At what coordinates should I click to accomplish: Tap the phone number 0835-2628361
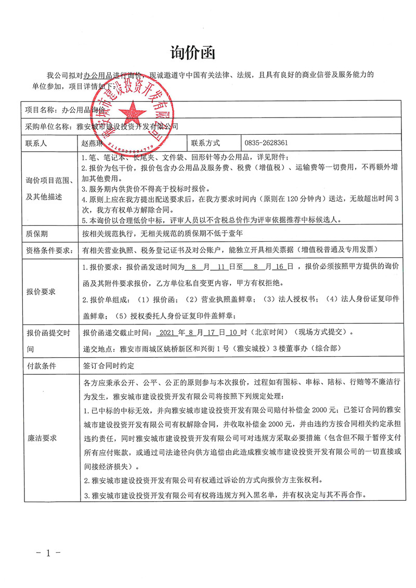[x=266, y=142]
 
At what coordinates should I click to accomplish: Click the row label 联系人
[x=36, y=142]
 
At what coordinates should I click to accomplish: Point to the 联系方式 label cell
[x=206, y=142]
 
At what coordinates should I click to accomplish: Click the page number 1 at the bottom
[x=47, y=553]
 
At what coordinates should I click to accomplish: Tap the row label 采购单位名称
[x=47, y=126]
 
